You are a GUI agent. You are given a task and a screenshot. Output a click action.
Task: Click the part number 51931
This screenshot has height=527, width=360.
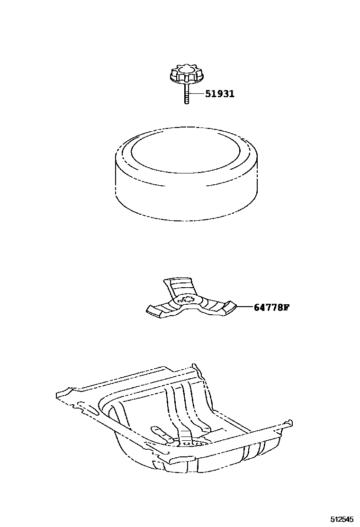point(220,94)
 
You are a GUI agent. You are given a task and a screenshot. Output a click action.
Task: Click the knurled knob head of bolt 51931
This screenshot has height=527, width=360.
point(181,74)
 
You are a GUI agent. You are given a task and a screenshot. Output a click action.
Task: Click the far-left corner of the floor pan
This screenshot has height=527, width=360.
point(58,394)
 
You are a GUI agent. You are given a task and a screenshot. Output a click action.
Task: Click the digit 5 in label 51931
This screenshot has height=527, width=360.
point(208,94)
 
